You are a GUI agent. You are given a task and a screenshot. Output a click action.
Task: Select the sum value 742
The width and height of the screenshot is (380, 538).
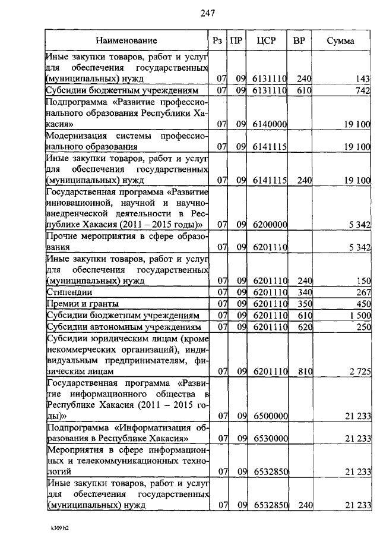(x=363, y=90)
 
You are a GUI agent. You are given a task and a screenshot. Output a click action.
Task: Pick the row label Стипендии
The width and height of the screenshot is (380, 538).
(x=66, y=292)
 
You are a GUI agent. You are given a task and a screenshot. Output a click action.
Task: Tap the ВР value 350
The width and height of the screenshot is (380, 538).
(x=304, y=303)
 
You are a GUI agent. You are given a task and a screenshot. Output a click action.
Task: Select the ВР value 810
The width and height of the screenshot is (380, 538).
(x=304, y=372)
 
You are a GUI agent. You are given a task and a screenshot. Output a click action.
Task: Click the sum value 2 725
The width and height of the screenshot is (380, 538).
(x=360, y=372)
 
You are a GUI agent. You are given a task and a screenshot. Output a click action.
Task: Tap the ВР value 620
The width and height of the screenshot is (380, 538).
(x=304, y=326)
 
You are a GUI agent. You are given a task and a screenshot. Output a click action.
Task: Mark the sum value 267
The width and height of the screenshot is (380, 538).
(x=363, y=292)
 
